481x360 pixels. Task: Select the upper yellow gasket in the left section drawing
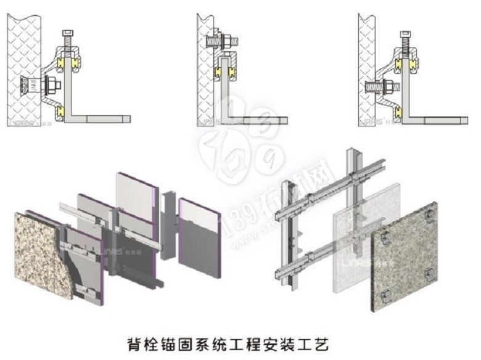(x=63, y=63)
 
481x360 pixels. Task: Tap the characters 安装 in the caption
(x=282, y=340)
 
